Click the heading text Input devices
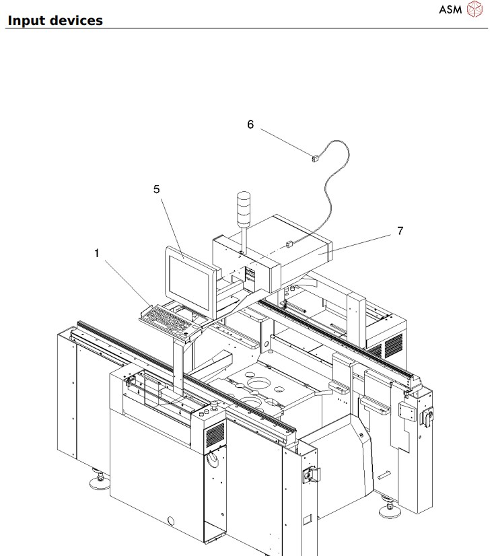[55, 20]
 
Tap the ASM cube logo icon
[475, 10]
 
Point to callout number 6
[250, 125]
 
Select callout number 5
[157, 189]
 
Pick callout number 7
[400, 230]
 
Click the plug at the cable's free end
[314, 160]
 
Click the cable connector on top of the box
[288, 246]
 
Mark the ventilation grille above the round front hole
[215, 436]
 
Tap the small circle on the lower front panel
[171, 520]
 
